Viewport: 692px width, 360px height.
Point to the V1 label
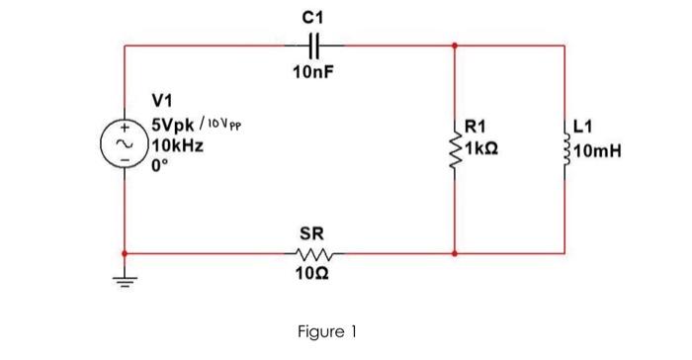point(162,100)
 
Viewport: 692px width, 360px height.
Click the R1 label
point(476,126)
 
